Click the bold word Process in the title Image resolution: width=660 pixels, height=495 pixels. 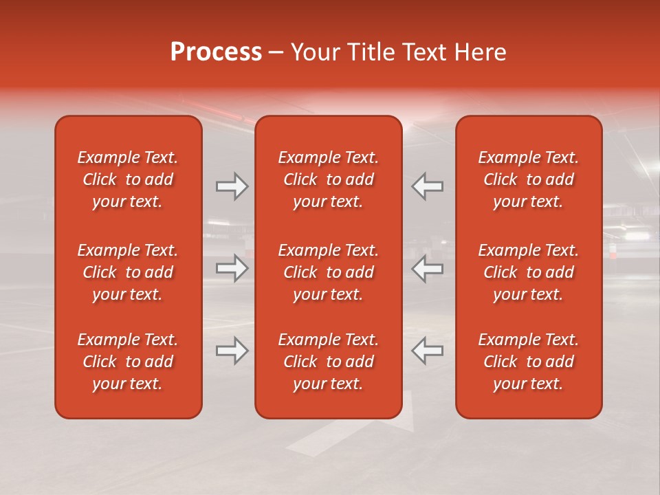click(216, 52)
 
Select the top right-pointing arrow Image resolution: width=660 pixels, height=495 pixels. click(232, 186)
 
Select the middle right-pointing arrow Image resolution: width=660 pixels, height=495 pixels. click(232, 269)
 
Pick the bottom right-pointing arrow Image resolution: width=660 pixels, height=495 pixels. click(232, 351)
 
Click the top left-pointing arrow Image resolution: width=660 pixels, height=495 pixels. click(428, 186)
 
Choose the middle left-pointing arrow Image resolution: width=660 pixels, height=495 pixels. click(428, 269)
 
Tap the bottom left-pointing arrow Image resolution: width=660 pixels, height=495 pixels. click(428, 351)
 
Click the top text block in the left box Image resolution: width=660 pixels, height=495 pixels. click(128, 179)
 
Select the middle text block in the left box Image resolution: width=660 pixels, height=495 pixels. click(128, 272)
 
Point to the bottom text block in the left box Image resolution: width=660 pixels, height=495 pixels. click(128, 362)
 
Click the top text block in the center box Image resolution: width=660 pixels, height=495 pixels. click(328, 179)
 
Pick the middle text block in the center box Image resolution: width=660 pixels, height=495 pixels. click(328, 272)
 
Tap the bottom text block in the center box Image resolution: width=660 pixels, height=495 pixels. click(328, 362)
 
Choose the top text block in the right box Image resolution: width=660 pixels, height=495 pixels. click(529, 179)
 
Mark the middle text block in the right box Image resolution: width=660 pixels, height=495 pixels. click(529, 272)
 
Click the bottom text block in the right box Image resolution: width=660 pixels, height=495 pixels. click(529, 362)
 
